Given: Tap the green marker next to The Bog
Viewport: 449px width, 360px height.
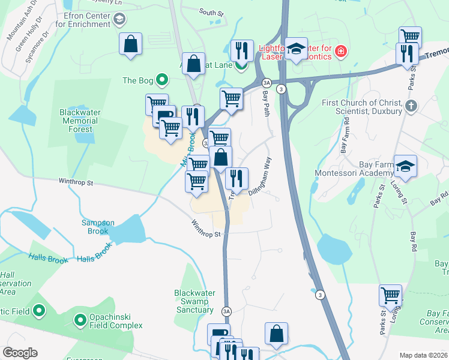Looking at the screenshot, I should pos(161,80).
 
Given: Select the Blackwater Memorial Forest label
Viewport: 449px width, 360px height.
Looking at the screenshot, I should pos(80,120).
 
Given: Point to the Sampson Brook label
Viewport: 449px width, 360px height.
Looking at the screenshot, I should pos(98,227).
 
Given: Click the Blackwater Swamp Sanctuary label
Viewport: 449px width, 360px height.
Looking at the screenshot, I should pos(194,301).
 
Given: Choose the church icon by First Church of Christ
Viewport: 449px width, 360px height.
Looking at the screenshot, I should pos(411,106).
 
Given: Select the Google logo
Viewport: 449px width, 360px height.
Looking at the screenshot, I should pos(20,353).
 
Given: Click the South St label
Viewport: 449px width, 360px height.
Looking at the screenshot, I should pos(211,11).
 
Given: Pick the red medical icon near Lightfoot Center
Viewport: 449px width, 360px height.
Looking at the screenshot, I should pos(342,51).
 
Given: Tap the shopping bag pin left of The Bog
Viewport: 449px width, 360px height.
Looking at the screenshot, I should pos(130,44).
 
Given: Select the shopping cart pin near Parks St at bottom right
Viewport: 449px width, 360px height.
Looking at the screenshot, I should pos(390,296).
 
